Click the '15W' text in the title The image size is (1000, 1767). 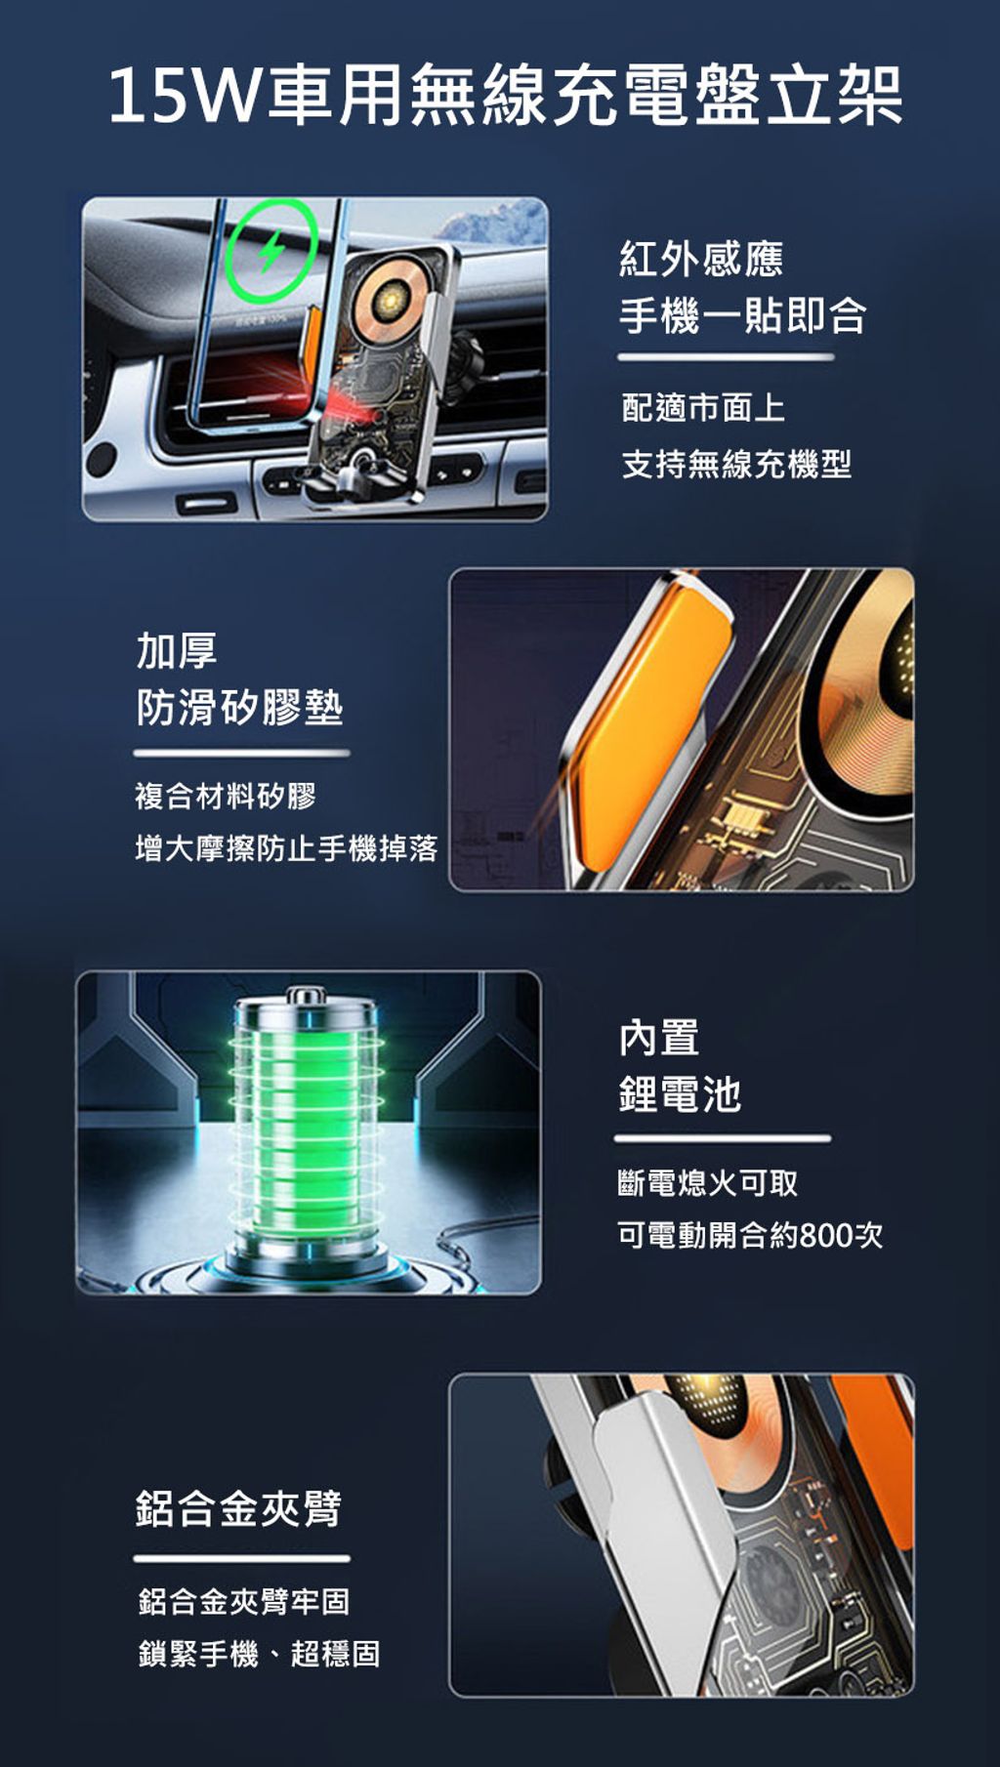coord(186,96)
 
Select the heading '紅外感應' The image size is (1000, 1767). coord(701,259)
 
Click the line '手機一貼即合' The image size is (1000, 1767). coord(743,315)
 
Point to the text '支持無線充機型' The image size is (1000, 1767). coord(737,464)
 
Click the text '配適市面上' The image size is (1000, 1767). coord(703,408)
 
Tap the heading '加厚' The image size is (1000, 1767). coord(177,650)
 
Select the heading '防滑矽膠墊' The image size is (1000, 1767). coord(239,707)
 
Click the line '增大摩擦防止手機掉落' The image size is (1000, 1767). coord(286,848)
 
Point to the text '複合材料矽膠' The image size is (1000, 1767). coord(226,796)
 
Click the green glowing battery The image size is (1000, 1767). coord(305,1132)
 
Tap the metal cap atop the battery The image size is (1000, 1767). coord(305,998)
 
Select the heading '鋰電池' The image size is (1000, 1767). coord(681,1094)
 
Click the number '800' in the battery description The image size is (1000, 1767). coord(827,1235)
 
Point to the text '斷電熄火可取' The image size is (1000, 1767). coord(708,1183)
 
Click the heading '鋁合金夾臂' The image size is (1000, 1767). coord(239,1508)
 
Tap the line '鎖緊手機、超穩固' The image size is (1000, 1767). coord(260,1654)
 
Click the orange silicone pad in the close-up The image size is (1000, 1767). coord(649,722)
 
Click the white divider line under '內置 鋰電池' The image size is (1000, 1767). coord(723,1138)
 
